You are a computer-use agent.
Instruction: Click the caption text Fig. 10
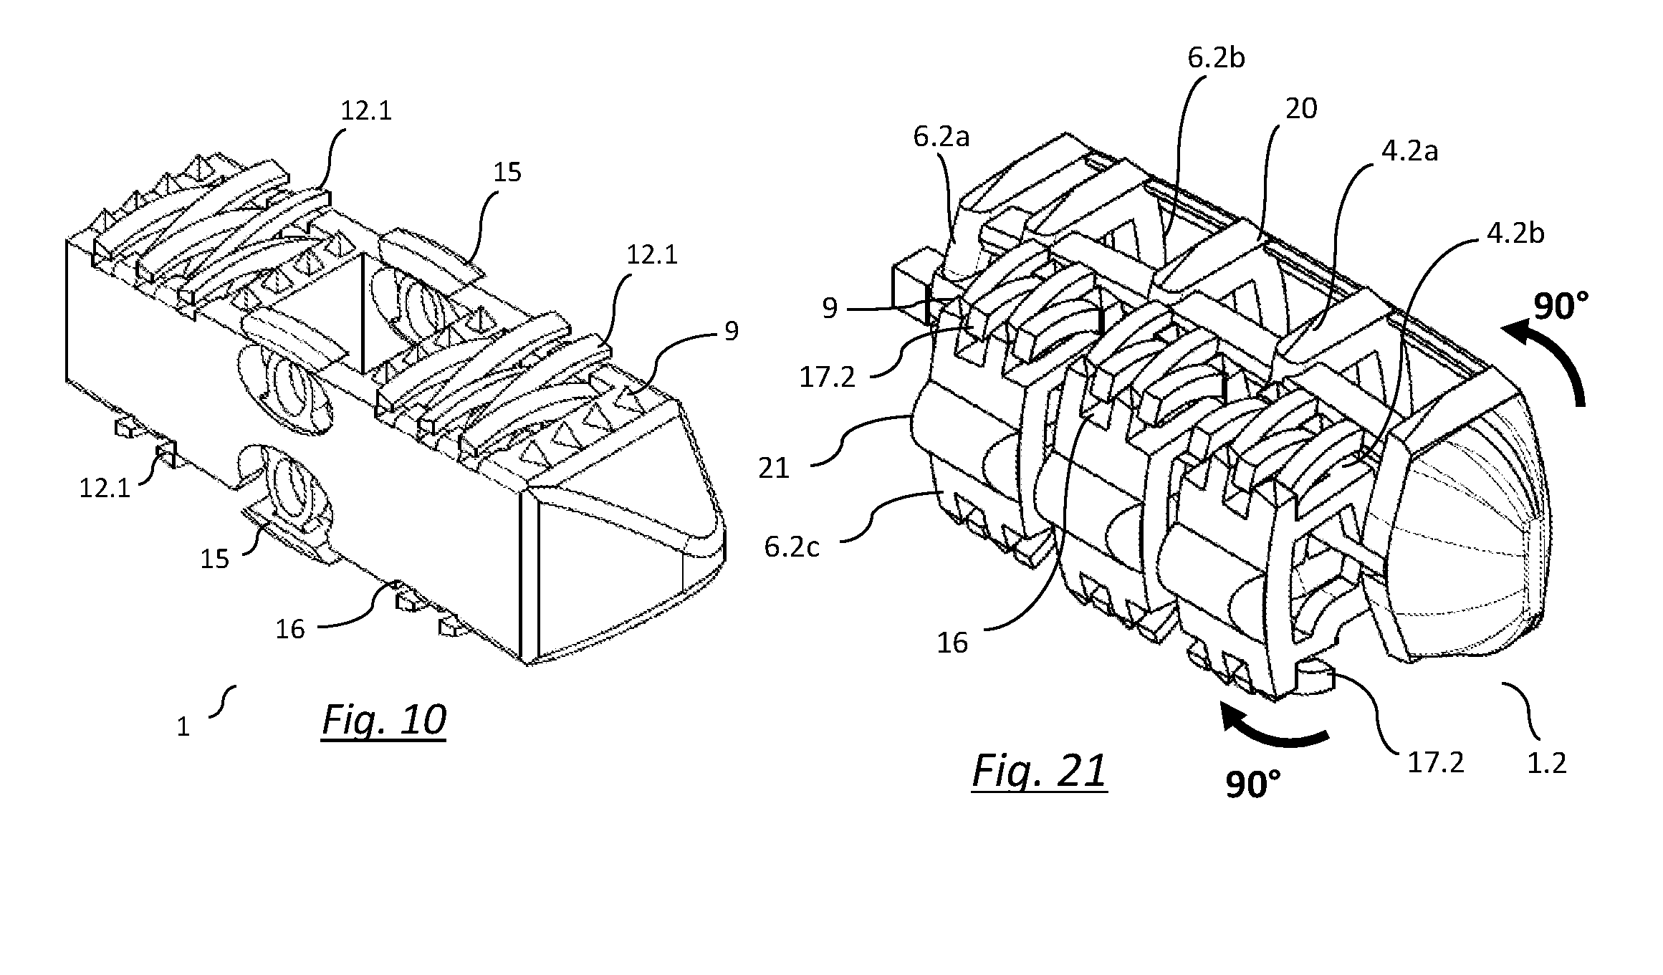[x=384, y=721]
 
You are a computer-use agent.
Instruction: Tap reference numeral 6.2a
[x=941, y=136]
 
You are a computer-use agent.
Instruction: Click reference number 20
[x=1301, y=110]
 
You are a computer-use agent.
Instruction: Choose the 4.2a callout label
[x=1409, y=153]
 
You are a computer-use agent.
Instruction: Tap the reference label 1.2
[x=1548, y=764]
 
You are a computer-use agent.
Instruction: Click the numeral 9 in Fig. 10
[x=731, y=332]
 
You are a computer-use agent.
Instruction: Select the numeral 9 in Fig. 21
[x=830, y=308]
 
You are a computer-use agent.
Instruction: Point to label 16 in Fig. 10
[x=291, y=630]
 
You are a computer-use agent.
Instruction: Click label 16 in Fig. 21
[x=953, y=643]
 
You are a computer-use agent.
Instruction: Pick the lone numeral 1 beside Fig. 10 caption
[x=183, y=727]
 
